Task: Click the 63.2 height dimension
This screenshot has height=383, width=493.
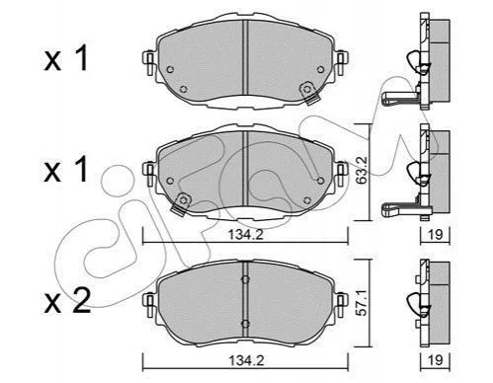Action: pos(362,173)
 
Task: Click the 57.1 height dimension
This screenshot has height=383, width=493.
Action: pos(362,303)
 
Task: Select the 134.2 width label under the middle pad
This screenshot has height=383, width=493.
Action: pos(246,234)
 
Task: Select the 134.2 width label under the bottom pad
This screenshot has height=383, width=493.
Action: pos(246,361)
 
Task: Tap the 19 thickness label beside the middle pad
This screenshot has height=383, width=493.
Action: pos(435,234)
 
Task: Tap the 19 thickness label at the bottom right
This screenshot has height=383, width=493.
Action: pos(435,360)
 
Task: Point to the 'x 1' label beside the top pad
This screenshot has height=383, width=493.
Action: pos(66,58)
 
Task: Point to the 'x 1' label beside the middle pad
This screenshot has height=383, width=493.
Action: pos(66,169)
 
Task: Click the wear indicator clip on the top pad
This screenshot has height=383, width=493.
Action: pos(309,93)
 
